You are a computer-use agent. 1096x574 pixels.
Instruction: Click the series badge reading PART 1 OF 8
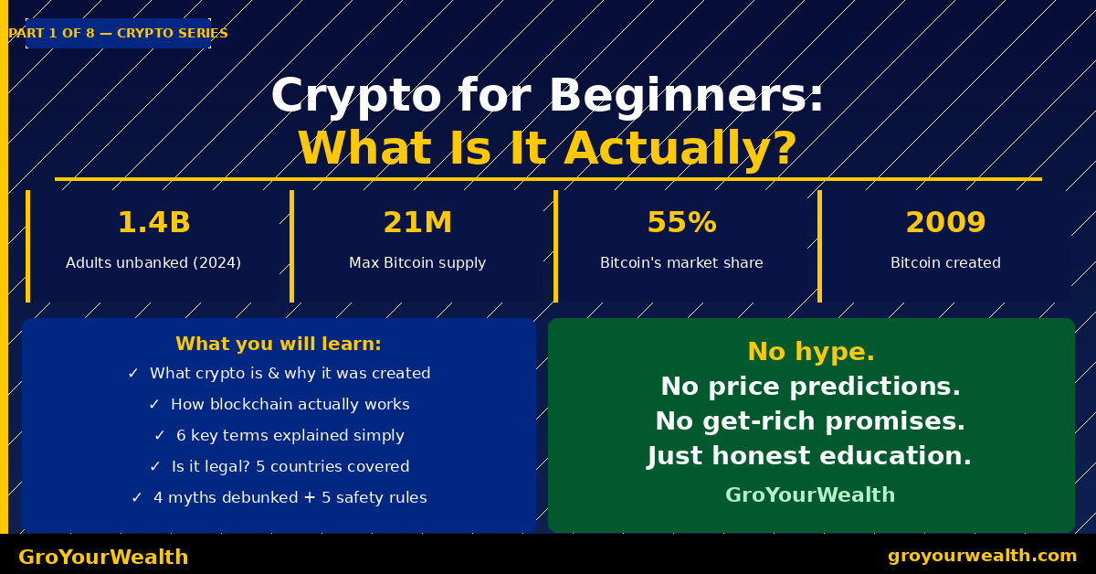coord(118,34)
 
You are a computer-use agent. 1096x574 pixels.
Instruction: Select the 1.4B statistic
coord(153,223)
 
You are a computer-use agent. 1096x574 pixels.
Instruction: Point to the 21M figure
coord(417,223)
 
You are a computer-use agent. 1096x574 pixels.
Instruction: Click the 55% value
coord(681,223)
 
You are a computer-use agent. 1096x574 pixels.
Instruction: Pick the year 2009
coord(945,223)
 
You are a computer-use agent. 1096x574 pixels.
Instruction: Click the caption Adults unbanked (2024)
coord(153,263)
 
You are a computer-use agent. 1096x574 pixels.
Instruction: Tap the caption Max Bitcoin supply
coord(417,263)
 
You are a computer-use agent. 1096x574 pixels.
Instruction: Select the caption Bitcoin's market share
coord(681,263)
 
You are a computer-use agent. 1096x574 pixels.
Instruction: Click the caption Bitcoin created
coord(945,263)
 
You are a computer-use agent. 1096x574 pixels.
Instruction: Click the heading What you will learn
coord(279,345)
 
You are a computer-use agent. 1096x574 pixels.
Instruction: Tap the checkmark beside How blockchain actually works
coord(153,405)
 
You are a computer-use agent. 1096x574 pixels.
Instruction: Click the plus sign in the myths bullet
coord(310,498)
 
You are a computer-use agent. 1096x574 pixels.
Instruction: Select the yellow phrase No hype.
coord(810,352)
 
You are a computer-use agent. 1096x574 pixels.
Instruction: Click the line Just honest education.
coord(810,456)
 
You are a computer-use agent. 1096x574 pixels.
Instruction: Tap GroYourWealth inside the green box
coord(810,495)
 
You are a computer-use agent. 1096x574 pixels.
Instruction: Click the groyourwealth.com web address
coord(982,556)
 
